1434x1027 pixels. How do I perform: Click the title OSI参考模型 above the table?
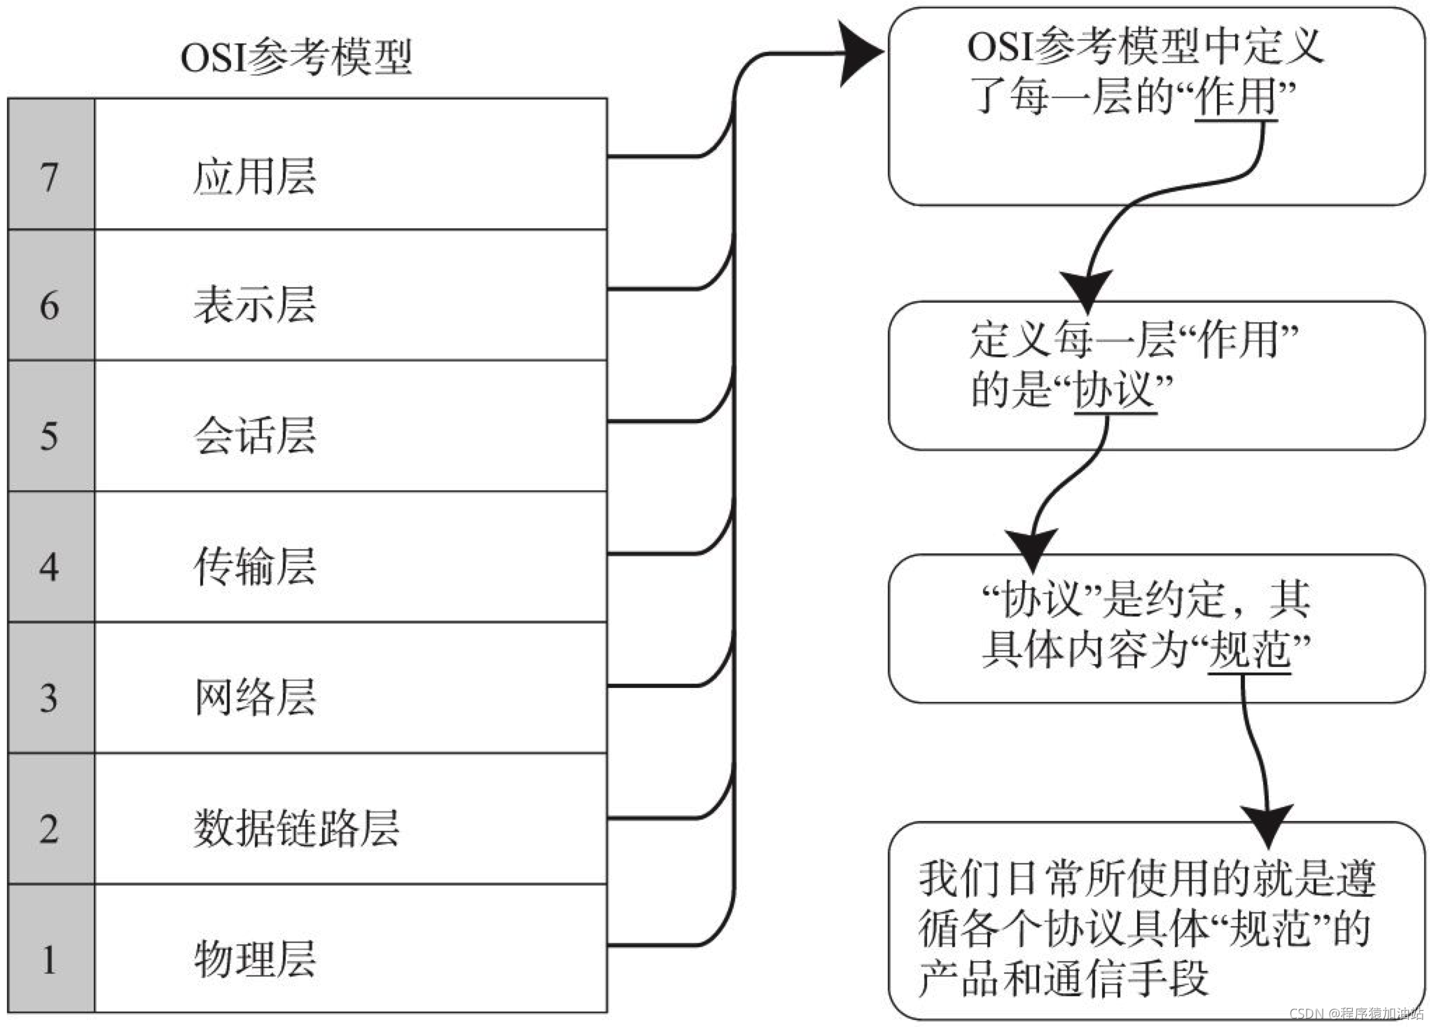coord(295,57)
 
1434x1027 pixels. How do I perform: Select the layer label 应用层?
coord(254,176)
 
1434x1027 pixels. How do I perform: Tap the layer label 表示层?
coord(254,305)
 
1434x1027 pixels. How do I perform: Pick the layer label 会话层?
coord(254,436)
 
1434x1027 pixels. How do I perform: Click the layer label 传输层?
coord(254,566)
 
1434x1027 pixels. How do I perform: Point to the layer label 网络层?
coord(254,697)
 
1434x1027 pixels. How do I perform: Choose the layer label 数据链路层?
coord(295,828)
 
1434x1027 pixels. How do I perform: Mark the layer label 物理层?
coord(254,959)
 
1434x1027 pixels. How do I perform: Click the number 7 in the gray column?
coord(49,177)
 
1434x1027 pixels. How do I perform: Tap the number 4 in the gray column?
coord(49,567)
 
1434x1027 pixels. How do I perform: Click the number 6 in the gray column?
coord(49,306)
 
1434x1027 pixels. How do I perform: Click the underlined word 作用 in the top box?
coord(1236,97)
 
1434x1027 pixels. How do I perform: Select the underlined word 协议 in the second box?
coord(1114,390)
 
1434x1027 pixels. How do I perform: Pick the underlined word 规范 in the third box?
coord(1249,649)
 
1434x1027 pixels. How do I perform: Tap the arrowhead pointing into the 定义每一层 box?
coord(1086,289)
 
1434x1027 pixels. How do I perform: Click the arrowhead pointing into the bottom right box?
coord(1266,825)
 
